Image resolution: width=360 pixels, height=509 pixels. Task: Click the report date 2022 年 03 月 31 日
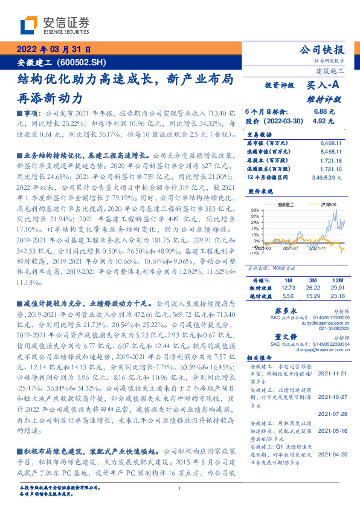click(53, 50)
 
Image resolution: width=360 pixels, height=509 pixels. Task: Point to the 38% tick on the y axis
click(256, 209)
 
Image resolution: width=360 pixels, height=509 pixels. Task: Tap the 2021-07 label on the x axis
click(291, 247)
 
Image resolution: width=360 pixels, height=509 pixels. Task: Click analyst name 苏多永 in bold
click(275, 310)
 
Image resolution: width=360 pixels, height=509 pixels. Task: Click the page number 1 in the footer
click(180, 489)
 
